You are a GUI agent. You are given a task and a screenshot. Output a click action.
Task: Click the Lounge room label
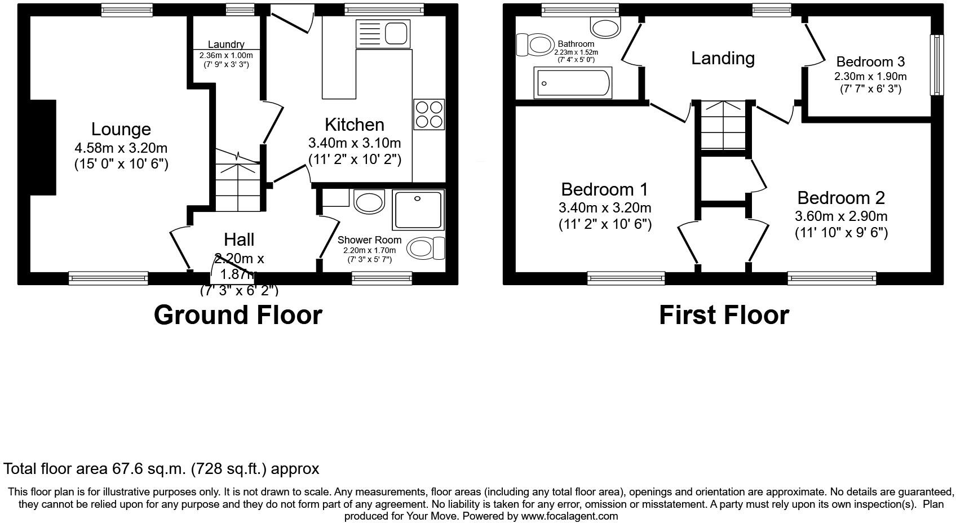coord(121,130)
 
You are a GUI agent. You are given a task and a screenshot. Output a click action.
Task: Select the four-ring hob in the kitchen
coord(428,114)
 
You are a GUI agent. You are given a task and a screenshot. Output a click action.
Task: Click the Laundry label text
coord(226,45)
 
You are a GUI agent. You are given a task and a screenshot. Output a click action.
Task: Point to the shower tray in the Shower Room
coord(418,210)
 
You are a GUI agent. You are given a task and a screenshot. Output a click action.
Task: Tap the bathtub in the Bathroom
coord(573,83)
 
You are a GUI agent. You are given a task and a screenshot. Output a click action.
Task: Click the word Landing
coord(723,58)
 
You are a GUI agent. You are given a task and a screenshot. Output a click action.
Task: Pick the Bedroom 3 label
coord(870,62)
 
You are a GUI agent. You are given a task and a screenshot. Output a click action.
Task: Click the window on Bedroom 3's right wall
coord(936,65)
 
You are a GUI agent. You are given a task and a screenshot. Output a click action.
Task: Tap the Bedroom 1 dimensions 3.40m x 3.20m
coord(605,207)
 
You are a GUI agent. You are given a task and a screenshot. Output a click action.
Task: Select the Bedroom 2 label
coord(841,198)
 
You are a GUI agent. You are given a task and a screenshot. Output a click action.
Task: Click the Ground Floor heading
coord(238,314)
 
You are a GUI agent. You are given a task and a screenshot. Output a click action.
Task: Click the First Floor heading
coord(724,314)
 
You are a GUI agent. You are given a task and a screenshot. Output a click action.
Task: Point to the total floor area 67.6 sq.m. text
coord(161,468)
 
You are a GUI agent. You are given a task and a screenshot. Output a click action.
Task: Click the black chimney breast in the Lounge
coord(43,148)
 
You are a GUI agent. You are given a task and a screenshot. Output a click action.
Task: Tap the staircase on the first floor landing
coord(723,125)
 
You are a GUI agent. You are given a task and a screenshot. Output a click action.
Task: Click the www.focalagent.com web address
coord(569,516)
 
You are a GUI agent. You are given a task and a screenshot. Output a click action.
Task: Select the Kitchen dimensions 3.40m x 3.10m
coord(355,143)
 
